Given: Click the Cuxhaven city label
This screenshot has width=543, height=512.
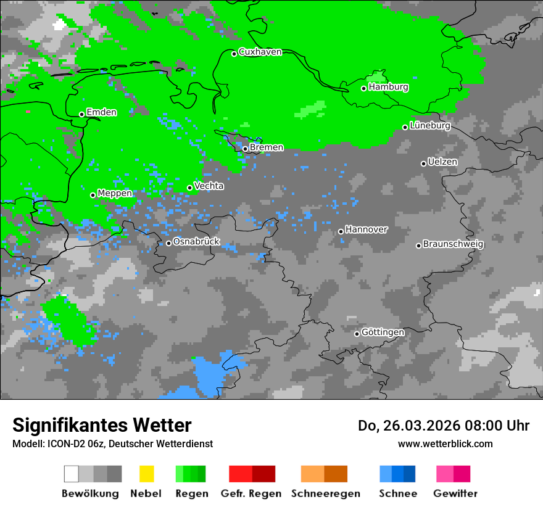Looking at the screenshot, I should tap(260, 52).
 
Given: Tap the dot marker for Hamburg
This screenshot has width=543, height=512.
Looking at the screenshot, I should tap(364, 88).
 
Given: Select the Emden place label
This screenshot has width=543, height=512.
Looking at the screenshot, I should tap(101, 112).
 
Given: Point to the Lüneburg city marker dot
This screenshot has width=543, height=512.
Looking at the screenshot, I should tap(405, 127).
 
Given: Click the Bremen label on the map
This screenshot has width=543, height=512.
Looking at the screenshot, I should tap(267, 147).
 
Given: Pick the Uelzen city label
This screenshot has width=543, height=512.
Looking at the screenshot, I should tap(442, 162).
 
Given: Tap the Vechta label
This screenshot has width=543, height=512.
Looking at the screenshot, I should tap(209, 186).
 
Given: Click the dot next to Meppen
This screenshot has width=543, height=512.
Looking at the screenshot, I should tap(93, 195).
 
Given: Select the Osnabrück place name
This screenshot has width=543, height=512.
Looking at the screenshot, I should tap(196, 242).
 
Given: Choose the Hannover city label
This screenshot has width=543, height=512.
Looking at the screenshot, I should tap(366, 229).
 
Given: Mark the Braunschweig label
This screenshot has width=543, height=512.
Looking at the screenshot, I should tap(453, 244).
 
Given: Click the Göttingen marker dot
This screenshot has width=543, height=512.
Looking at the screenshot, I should tap(357, 334).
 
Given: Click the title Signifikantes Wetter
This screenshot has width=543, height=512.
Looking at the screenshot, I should tap(102, 425).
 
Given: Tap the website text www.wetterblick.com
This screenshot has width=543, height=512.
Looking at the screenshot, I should tap(445, 444).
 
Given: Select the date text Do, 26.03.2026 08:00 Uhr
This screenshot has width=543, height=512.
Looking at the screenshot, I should tap(443, 426).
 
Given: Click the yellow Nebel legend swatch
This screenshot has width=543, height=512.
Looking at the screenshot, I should tap(146, 474).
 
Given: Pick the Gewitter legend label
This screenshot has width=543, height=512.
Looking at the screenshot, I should tap(455, 493).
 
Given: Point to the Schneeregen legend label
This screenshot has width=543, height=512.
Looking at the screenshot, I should tap(325, 493).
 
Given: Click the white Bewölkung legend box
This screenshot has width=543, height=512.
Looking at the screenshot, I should tap(72, 474).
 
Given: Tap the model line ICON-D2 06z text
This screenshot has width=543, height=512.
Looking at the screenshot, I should tap(112, 444).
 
